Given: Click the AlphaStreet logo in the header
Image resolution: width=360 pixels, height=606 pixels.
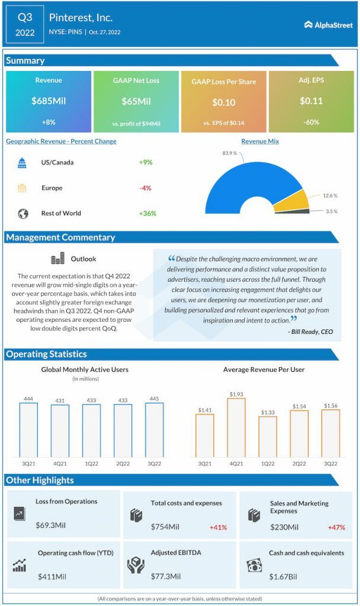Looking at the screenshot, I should coord(328,25).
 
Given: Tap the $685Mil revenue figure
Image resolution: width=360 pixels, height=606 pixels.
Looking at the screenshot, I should coord(49,101).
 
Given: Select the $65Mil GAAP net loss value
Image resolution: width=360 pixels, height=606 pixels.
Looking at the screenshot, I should coord(136,101).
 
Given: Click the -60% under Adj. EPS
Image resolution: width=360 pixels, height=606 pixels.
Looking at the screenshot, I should coord(311,123).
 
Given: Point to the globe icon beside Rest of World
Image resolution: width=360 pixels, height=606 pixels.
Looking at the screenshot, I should coord(22,214).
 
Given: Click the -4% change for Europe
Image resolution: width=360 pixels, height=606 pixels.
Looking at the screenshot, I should coord(145,188).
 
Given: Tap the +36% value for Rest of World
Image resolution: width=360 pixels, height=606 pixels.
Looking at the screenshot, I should coord(147,214).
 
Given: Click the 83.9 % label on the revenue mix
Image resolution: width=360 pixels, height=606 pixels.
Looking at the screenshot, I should coord(230,153).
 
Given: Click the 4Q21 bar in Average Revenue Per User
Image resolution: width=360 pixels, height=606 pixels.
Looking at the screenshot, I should coord(236,427).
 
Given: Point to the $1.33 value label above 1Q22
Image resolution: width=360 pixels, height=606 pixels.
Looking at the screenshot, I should coord(267,412).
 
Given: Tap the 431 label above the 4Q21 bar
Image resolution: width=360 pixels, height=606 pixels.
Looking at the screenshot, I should coord(60,401).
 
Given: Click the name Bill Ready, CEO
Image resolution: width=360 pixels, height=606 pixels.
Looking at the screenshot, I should coord(311,332).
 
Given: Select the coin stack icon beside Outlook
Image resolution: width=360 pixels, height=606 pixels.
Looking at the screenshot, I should coord(57,259).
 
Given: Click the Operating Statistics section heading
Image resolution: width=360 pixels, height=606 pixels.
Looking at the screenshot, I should coord(46,354).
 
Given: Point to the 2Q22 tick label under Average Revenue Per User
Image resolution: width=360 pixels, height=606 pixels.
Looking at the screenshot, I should coord(299,463).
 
